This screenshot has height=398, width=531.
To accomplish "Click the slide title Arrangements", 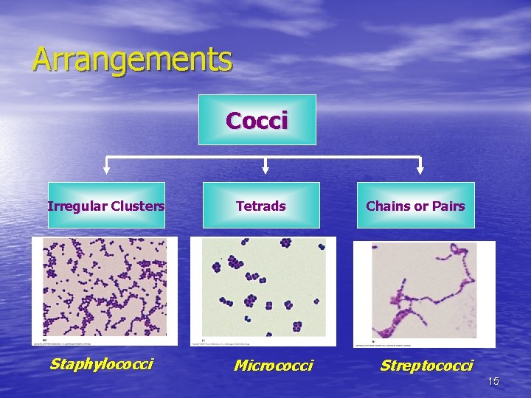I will tap(132, 60).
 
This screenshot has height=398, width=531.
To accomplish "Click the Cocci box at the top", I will tap(257, 120).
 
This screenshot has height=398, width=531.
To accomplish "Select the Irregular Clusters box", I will tap(106, 206).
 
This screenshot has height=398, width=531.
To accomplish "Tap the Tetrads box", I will tap(261, 206).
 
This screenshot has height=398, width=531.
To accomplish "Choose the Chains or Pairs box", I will tap(416, 206).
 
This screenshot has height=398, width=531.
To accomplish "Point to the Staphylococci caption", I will tap(101, 363).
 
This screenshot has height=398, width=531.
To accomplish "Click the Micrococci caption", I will tap(273, 365).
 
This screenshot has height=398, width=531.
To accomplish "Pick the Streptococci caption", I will tap(426, 365).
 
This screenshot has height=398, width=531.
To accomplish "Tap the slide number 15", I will tap(493, 381).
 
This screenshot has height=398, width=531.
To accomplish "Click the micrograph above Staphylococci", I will tap(105, 290).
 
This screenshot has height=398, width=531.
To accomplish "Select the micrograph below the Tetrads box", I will tap(263, 291).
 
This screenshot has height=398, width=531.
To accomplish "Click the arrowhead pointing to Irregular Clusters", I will tap(106, 170).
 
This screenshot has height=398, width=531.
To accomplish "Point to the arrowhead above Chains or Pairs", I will tap(420, 170).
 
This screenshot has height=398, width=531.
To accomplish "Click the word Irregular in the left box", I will tap(77, 206).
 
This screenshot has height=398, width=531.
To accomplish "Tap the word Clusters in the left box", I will tap(137, 206).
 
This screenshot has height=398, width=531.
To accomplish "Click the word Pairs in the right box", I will tap(449, 206).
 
